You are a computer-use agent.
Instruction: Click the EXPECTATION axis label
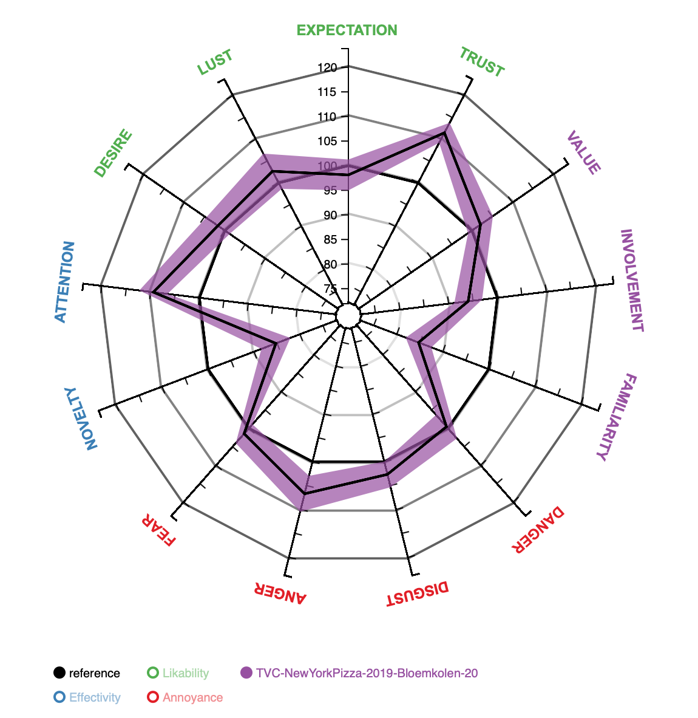(x=347, y=30)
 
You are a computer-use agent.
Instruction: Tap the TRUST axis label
(x=481, y=63)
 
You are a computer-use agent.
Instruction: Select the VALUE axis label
(x=583, y=152)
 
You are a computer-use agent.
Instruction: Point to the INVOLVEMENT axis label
(x=631, y=281)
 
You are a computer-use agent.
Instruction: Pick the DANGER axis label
(x=538, y=530)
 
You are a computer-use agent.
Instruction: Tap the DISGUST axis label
(x=418, y=594)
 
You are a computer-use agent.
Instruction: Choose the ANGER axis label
(x=280, y=593)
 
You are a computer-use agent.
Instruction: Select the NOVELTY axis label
(x=81, y=419)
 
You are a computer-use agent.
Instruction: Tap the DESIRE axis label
(x=113, y=153)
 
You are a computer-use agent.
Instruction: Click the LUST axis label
(x=215, y=63)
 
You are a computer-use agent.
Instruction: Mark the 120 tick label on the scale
(x=328, y=68)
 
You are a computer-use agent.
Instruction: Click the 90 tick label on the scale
(x=331, y=215)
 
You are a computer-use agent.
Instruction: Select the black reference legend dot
(x=59, y=673)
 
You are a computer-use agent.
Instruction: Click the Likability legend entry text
(x=186, y=673)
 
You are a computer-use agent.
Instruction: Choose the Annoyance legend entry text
(x=192, y=697)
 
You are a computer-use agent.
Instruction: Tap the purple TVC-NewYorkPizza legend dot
(x=246, y=673)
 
